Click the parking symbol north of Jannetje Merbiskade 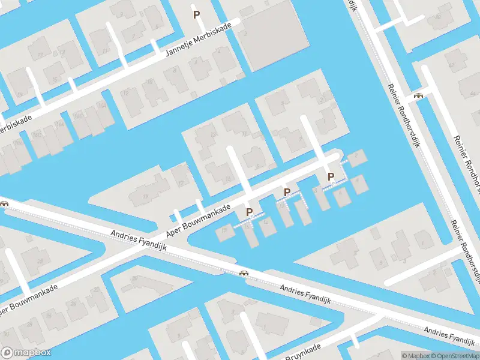tap(196, 14)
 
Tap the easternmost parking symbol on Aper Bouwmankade tap(330, 176)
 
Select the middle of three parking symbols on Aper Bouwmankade tap(287, 192)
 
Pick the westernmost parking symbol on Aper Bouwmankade tap(249, 212)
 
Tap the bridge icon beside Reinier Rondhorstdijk tap(418, 95)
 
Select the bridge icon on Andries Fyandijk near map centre tap(244, 274)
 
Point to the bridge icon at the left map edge tap(4, 203)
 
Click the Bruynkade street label tap(302, 352)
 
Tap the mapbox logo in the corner tap(26, 353)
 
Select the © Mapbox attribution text tap(415, 356)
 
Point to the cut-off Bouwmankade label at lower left tap(29, 299)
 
